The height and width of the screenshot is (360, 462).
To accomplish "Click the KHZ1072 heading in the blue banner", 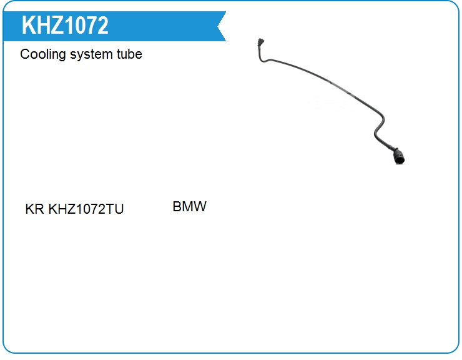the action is click(65, 25).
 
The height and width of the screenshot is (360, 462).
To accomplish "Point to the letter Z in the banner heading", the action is click(57, 25).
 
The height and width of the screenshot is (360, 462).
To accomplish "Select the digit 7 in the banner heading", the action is click(90, 25).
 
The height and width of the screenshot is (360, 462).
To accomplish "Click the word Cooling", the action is click(42, 54).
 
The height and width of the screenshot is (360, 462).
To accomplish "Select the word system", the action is click(91, 54).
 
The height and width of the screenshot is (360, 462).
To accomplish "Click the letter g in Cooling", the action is click(62, 56).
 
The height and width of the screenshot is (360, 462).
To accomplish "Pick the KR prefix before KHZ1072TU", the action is click(34, 209).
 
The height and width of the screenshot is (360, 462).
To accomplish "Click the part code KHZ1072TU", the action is click(86, 209).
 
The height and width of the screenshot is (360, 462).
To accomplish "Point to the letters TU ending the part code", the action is click(115, 209).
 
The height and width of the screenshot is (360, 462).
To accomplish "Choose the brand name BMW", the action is click(189, 206).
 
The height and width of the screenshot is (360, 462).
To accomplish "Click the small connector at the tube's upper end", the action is click(261, 42).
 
